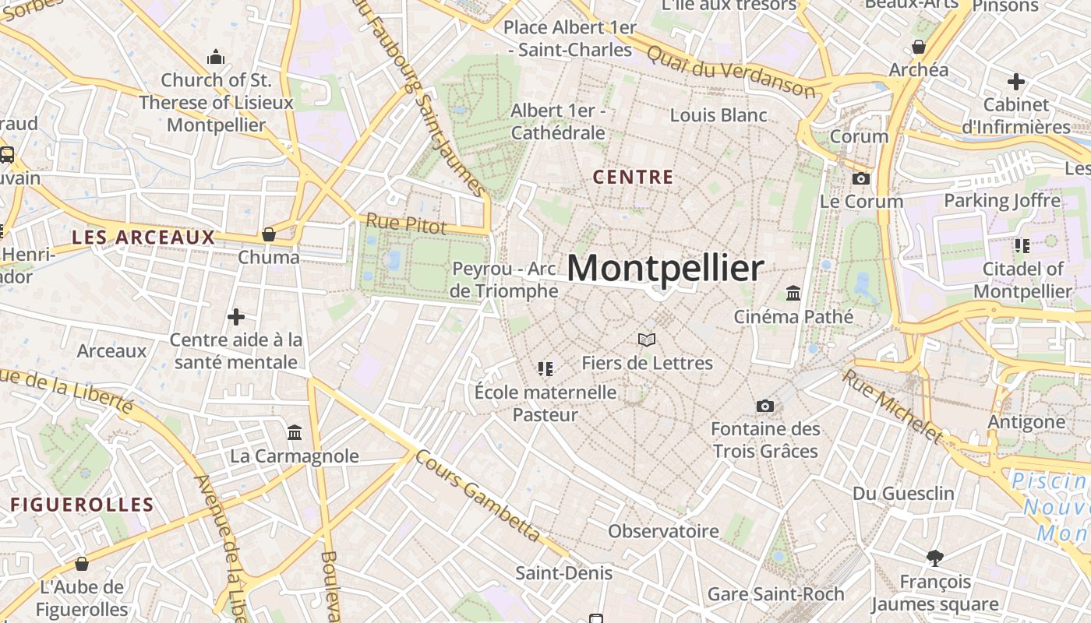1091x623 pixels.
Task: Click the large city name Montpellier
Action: pos(665,269)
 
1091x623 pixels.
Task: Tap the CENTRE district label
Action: pos(633,178)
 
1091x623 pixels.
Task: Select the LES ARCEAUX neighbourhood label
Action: pos(143,238)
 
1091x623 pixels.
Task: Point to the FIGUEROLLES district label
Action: pos(82,505)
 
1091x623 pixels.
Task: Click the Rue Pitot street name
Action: pos(406,224)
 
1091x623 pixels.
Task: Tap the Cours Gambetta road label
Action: pos(478,496)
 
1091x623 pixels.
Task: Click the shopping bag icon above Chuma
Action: pos(269,234)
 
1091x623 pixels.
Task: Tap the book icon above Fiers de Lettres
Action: pos(647,340)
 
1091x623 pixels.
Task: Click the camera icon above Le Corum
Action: pos(861,178)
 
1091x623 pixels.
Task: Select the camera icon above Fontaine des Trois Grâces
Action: pos(765,406)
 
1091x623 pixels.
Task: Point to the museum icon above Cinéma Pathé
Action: pos(793,294)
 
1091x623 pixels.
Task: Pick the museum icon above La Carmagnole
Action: pos(295,432)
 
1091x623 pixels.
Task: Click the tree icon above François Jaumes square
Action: pos(934,558)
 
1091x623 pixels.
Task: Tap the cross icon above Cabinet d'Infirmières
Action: pos(1016,81)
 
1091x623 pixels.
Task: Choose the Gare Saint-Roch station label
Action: pos(775,594)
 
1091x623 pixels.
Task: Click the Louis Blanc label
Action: pos(719,115)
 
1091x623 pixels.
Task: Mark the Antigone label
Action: pos(1026,422)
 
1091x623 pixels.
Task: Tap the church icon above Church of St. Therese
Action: pos(216,57)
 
